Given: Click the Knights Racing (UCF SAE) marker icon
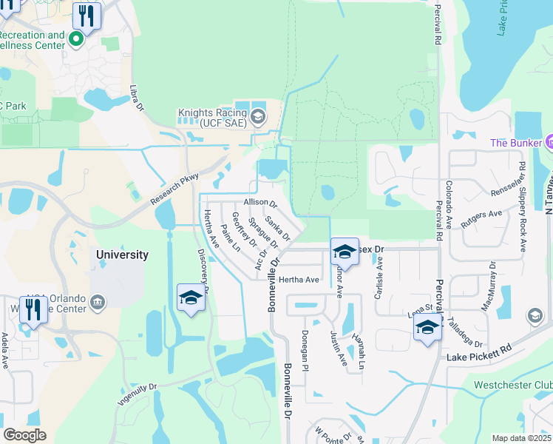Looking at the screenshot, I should coord(258,115).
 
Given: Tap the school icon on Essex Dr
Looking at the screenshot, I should coord(345,252).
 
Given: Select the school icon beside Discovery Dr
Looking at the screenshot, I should coord(191,298).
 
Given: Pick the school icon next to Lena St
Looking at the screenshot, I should coord(427,327).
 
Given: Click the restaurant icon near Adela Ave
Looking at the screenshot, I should coord(33,311).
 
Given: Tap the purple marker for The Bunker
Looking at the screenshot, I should coord(550,142).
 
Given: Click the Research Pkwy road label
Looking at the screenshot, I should coord(174,189).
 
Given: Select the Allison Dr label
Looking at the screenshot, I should coord(259,203).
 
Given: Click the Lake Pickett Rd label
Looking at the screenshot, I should coord(479,353).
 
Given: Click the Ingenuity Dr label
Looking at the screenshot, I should coord(138,394).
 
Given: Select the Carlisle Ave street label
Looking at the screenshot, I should coord(379,277).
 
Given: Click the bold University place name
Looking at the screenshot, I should coord(123,255).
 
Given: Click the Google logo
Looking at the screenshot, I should coord(24,435).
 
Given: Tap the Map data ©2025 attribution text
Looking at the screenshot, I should coord(520,438).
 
